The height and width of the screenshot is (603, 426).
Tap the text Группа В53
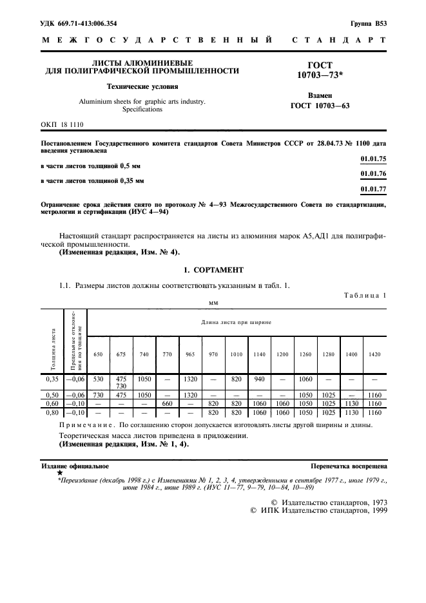point(368,24)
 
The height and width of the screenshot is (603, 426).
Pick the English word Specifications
point(142,110)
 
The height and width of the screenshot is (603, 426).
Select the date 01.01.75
point(373,158)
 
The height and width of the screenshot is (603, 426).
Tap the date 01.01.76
point(373,173)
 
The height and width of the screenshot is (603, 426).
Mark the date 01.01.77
point(373,189)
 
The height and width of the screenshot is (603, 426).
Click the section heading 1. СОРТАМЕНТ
point(213,269)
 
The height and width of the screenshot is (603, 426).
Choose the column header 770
point(168,355)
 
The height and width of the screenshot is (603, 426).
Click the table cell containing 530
point(98,380)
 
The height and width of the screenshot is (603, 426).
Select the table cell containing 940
point(259,380)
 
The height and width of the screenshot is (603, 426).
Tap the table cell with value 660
point(168,403)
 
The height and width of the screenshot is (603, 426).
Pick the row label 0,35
point(52,380)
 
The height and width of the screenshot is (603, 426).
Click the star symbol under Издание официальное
point(60,473)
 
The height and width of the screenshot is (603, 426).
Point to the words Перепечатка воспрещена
point(348,465)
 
